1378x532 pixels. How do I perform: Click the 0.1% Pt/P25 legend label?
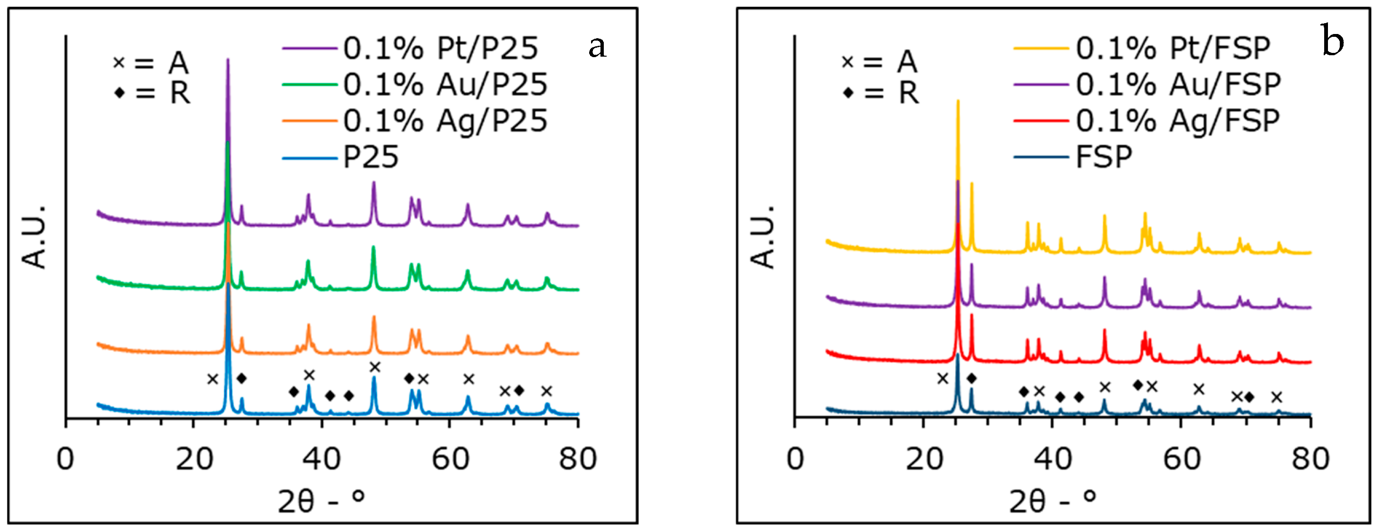point(440,48)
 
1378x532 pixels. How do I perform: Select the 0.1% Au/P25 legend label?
point(445,84)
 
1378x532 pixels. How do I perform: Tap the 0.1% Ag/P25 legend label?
point(445,121)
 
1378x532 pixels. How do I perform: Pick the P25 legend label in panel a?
point(371,157)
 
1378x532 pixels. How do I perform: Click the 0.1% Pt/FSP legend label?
point(1173,48)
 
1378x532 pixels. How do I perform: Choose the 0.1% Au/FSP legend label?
point(1178,84)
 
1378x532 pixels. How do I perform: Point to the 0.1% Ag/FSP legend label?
point(1178,121)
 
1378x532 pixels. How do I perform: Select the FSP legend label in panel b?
point(1104,157)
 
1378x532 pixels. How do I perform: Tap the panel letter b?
point(1333,41)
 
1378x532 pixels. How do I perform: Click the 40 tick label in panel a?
point(322,459)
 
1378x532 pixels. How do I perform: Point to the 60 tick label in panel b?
point(1181,459)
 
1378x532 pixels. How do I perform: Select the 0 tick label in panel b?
point(795,459)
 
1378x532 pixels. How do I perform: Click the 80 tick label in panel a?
point(578,459)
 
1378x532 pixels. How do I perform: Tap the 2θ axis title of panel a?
point(321,501)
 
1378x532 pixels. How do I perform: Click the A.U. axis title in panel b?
point(763,236)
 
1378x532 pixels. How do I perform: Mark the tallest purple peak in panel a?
point(228,60)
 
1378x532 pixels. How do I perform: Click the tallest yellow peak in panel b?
point(957,101)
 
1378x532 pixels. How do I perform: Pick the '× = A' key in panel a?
point(151,63)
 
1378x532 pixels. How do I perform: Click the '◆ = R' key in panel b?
point(880,93)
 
